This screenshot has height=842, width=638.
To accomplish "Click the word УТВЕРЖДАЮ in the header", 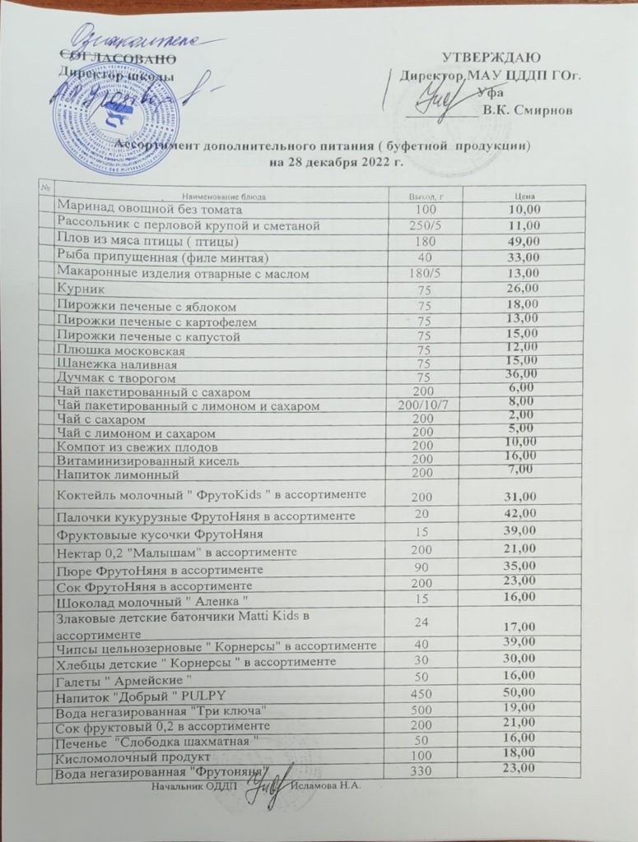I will coord(491,58).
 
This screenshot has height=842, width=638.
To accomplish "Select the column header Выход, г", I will coord(426,197).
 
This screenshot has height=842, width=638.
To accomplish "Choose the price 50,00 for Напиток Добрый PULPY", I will coord(522,696).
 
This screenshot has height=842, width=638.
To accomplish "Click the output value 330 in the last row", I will coord(422,771).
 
